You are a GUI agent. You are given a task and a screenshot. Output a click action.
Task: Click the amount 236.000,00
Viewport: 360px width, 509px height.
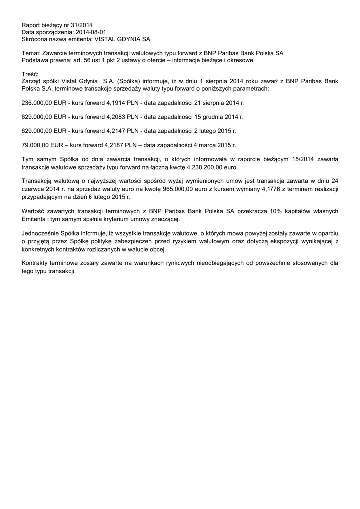coord(37,102)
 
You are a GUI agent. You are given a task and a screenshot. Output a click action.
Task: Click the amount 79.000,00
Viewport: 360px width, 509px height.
coord(36,145)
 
